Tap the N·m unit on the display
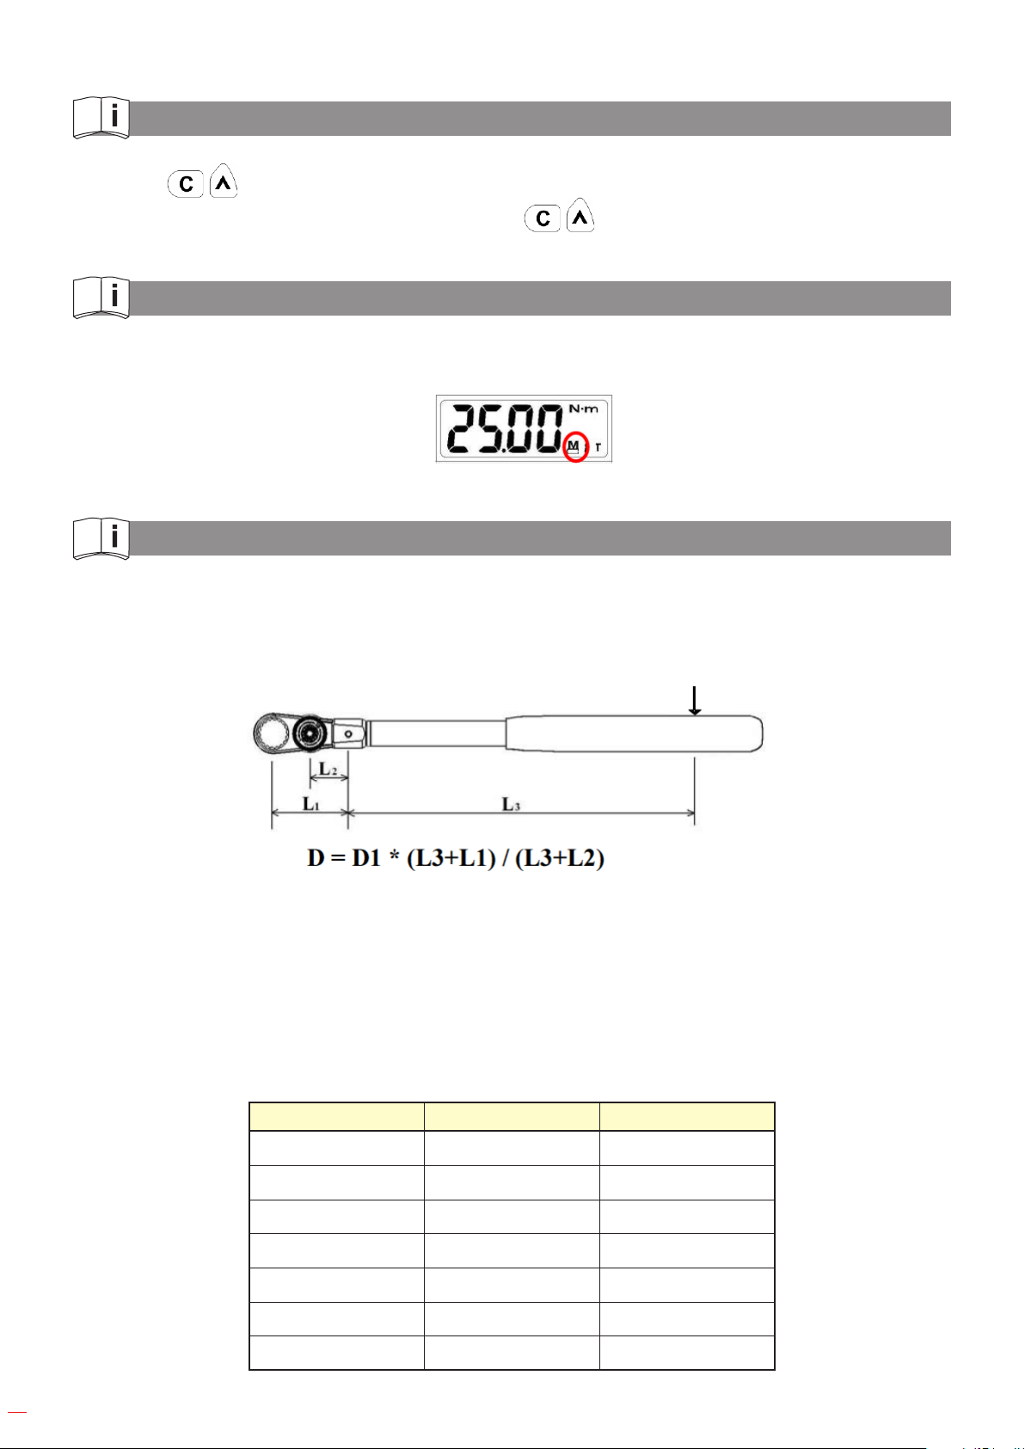pyautogui.click(x=583, y=408)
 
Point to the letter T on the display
pyautogui.click(x=598, y=447)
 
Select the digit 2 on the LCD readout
pyautogui.click(x=463, y=428)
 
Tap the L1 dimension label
pyautogui.click(x=311, y=804)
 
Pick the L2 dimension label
pyautogui.click(x=328, y=770)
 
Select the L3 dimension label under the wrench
pyautogui.click(x=511, y=804)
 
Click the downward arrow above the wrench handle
pyautogui.click(x=695, y=701)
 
